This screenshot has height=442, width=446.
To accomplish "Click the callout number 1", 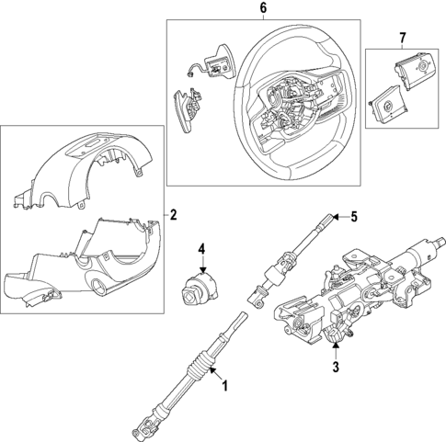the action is (225, 386).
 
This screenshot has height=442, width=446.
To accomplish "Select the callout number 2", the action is (173, 215).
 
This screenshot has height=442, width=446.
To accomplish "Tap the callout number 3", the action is (336, 367).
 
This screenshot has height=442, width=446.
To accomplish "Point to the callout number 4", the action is (201, 249).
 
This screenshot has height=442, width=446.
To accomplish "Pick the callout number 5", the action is (354, 217).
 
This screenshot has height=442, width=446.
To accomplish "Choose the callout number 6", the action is (263, 8).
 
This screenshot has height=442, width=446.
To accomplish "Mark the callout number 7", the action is (403, 38).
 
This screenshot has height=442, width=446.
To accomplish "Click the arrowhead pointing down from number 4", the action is (202, 269).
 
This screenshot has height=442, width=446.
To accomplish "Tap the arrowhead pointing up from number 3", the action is (336, 346).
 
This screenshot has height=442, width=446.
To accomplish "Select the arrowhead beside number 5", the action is (336, 217).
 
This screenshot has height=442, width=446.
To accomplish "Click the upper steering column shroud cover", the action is (83, 171).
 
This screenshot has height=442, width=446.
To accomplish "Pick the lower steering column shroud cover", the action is (82, 263).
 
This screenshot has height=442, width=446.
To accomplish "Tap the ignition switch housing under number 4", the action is (199, 289).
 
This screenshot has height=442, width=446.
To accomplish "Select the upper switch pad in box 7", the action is (413, 71).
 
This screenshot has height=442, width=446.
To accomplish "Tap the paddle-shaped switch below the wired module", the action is (189, 111).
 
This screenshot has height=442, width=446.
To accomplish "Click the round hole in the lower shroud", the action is (99, 288).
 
